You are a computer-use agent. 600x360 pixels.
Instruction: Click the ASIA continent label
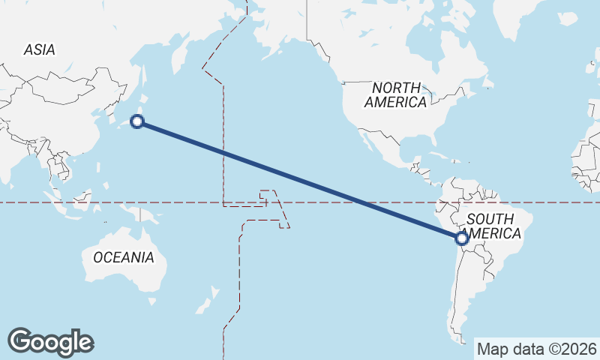(39, 49)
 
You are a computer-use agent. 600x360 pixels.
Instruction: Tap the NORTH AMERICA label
(396, 95)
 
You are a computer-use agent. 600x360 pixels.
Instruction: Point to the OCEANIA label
(124, 257)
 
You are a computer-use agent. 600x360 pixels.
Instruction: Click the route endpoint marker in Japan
(137, 121)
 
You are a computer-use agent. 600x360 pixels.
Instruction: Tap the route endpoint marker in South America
(462, 238)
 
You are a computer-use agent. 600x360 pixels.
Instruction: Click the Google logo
(50, 342)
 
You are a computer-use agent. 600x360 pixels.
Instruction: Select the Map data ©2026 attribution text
(537, 349)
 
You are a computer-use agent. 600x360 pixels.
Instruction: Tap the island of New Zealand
(204, 304)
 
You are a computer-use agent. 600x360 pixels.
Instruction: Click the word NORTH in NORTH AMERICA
(396, 88)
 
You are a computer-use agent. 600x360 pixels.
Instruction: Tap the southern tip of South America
(459, 341)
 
